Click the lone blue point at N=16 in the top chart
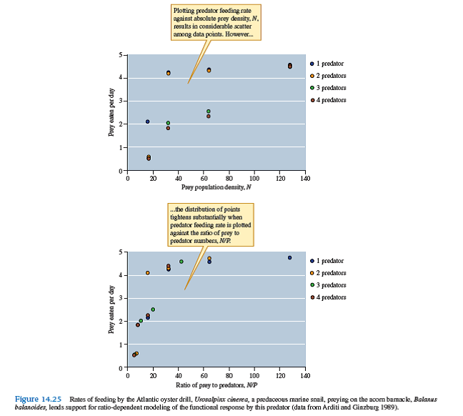pos(148,122)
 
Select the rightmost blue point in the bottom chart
pos(289,257)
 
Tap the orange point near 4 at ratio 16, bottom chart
pos(148,272)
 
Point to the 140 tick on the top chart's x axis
pos(304,178)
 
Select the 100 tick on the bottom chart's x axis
pos(254,375)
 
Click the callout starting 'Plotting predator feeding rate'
pos(216,22)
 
